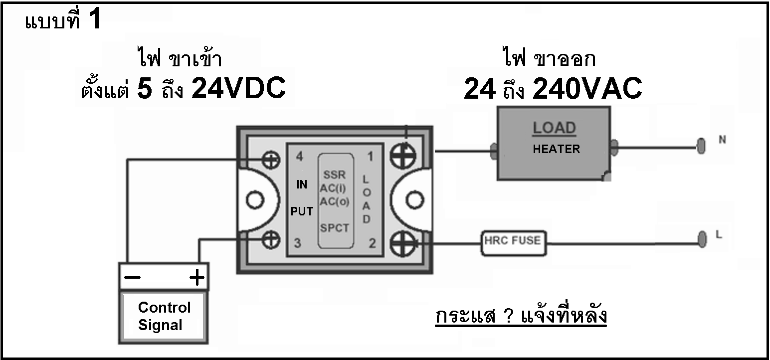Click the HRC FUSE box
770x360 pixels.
click(x=514, y=243)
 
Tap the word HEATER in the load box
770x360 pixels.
click(x=556, y=149)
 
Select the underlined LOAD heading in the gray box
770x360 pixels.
click(x=554, y=128)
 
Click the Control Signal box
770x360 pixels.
click(x=164, y=317)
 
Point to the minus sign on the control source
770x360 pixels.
click(x=132, y=277)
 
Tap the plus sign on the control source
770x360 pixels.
click(x=197, y=277)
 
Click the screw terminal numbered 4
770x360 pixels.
click(x=271, y=160)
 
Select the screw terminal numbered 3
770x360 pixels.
click(x=271, y=239)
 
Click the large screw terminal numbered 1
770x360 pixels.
click(x=403, y=156)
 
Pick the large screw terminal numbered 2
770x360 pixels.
click(x=403, y=243)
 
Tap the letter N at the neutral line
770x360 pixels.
click(x=722, y=140)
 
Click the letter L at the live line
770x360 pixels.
click(x=719, y=234)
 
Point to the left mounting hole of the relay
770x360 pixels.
click(x=255, y=200)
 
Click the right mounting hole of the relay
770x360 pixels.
click(x=415, y=200)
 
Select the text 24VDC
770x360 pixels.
click(x=238, y=88)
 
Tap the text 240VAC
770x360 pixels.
click(x=587, y=88)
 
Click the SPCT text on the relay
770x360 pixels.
click(x=335, y=228)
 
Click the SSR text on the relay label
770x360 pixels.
click(x=334, y=175)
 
